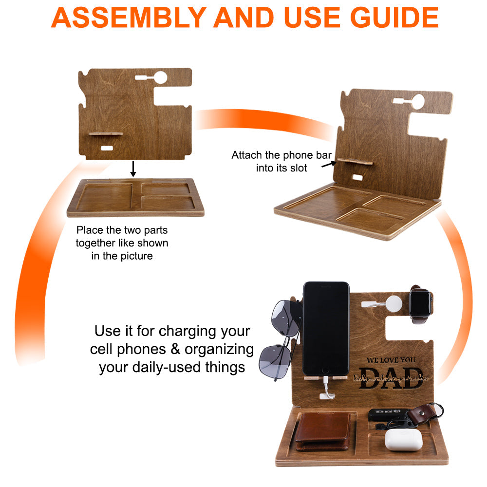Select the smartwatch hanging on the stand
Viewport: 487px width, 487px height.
pyautogui.click(x=420, y=305)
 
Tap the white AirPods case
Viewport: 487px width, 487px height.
pyautogui.click(x=403, y=439)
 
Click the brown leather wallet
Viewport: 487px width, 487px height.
pyautogui.click(x=323, y=431)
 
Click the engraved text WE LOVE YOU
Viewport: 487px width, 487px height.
pyautogui.click(x=391, y=360)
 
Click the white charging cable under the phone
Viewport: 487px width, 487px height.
pyautogui.click(x=328, y=390)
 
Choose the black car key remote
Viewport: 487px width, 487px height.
pyautogui.click(x=385, y=414)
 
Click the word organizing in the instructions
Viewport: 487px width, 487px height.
pyautogui.click(x=212, y=349)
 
